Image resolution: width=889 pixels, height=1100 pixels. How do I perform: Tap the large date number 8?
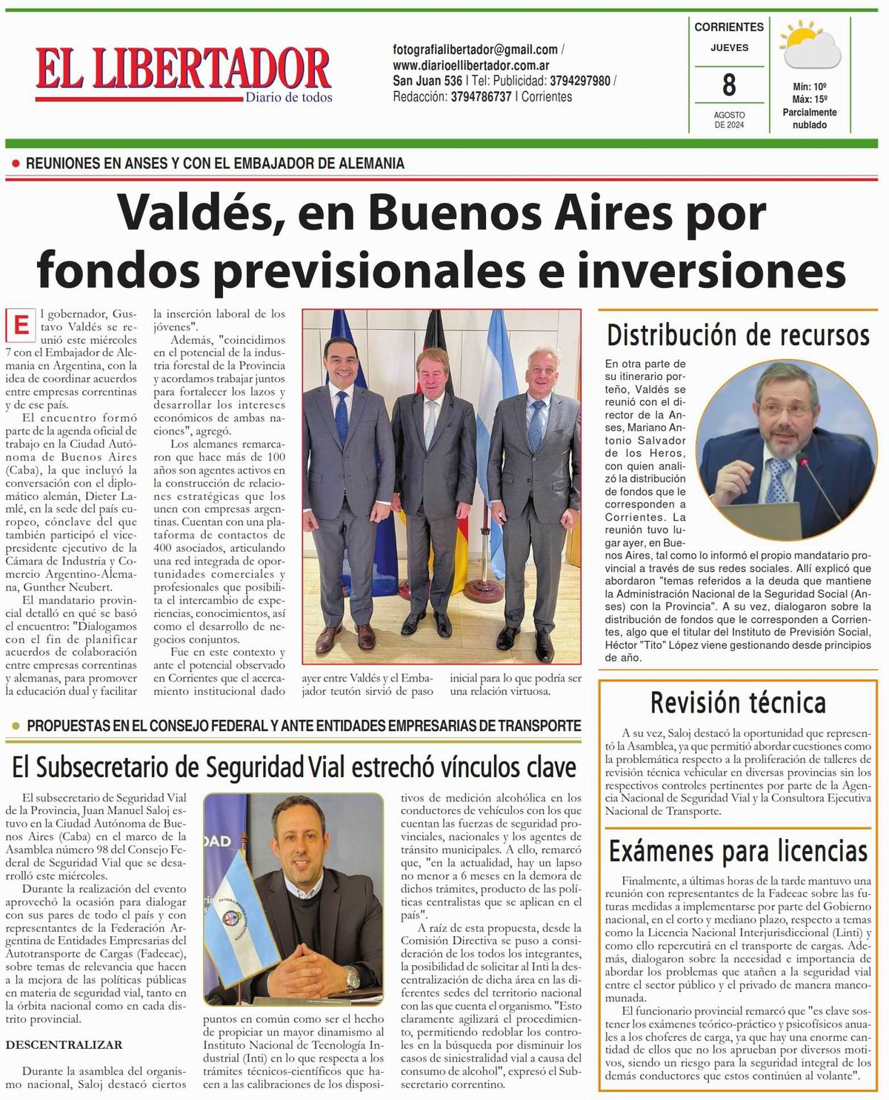729,85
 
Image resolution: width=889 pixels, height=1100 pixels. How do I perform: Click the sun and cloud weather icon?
811,47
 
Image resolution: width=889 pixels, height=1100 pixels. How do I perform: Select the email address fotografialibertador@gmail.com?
475,50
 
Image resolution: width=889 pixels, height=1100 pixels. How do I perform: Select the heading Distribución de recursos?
738,336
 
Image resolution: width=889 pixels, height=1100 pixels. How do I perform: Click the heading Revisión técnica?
738,701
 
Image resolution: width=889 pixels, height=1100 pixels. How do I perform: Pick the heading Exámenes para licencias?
738,851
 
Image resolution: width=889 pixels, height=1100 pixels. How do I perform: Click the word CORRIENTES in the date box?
729,27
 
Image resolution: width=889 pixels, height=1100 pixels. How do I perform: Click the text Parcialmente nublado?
810,119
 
